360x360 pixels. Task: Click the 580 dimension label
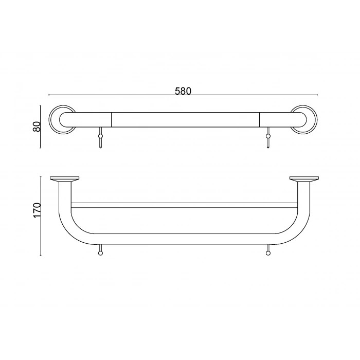183,91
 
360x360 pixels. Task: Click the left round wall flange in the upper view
62,120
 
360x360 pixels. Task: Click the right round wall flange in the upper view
304,120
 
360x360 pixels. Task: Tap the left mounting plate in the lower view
64,179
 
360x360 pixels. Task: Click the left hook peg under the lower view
100,250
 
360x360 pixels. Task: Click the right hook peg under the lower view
267,250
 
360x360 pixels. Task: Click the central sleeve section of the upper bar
185,120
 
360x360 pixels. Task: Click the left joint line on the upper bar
112,120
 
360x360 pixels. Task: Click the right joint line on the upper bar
259,120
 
